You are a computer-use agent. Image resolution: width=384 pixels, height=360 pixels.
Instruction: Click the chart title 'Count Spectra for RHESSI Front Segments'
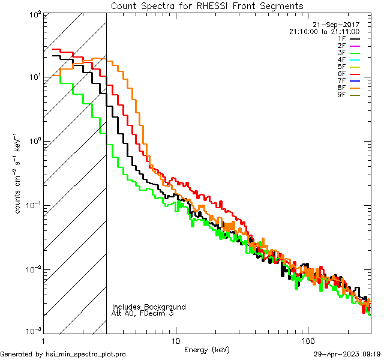click(x=207, y=5)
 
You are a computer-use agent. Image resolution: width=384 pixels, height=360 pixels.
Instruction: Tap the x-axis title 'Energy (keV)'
click(x=207, y=349)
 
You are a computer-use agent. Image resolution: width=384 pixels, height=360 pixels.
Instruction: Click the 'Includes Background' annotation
click(x=149, y=307)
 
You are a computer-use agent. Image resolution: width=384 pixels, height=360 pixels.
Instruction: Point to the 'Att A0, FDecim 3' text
click(x=143, y=313)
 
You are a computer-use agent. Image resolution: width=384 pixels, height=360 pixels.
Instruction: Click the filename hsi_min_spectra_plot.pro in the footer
click(x=86, y=354)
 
